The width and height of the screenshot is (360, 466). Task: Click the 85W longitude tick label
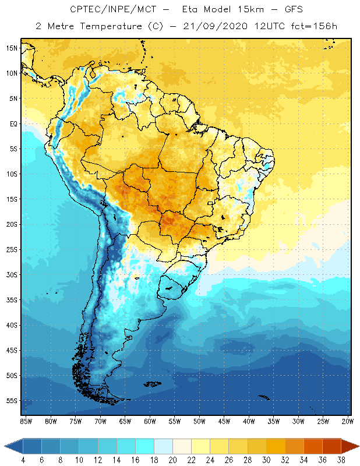26,421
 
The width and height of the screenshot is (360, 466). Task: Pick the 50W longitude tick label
199,421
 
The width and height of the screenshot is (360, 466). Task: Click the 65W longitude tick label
125,421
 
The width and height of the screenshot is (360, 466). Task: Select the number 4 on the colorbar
23,460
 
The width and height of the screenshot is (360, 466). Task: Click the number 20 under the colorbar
172,460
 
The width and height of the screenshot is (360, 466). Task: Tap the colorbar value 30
266,460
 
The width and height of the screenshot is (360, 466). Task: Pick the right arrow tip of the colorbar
358,446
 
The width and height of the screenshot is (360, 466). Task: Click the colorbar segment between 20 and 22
182,446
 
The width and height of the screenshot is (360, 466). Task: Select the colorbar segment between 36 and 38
331,446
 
